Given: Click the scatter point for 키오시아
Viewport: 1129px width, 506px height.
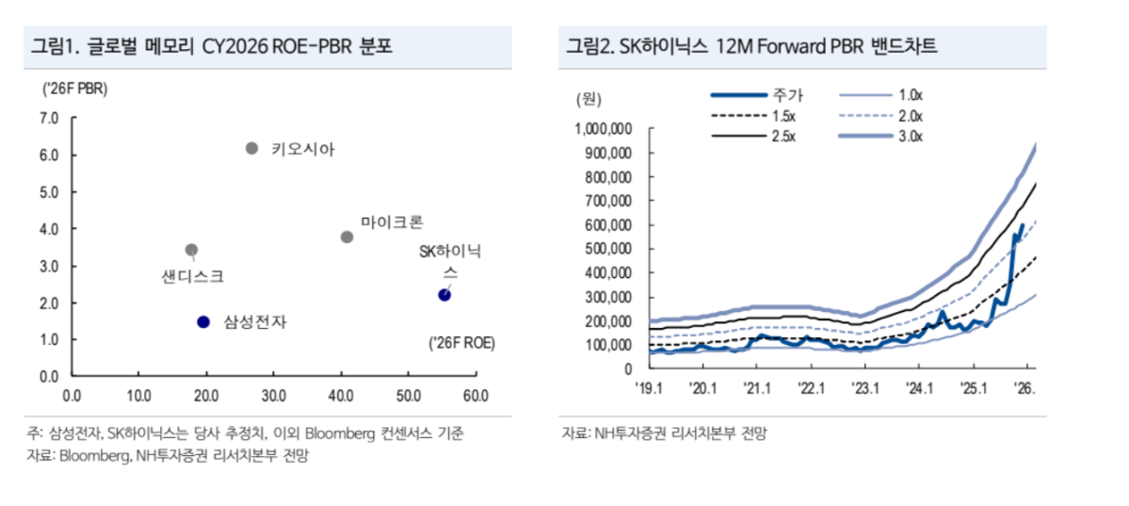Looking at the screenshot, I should pyautogui.click(x=251, y=148).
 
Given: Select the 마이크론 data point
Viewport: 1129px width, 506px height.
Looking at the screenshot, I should pyautogui.click(x=347, y=237).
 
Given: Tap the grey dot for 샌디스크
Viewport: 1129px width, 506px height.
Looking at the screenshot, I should pyautogui.click(x=191, y=250).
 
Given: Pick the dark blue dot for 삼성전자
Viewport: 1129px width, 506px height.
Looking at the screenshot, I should pyautogui.click(x=203, y=321).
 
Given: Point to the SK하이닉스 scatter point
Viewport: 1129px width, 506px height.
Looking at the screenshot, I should pyautogui.click(x=444, y=295).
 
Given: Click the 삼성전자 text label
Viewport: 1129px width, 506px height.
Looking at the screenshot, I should pyautogui.click(x=254, y=322).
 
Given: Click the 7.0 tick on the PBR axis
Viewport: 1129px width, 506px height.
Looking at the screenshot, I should pyautogui.click(x=48, y=118).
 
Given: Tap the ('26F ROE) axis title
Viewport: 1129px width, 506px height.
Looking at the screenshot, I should pyautogui.click(x=462, y=342).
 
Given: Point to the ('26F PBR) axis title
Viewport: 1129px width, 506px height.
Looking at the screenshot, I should pyautogui.click(x=73, y=89).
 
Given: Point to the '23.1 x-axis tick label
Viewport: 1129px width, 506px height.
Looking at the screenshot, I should pyautogui.click(x=863, y=386).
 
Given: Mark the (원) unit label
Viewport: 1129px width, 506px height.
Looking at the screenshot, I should pyautogui.click(x=588, y=97).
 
